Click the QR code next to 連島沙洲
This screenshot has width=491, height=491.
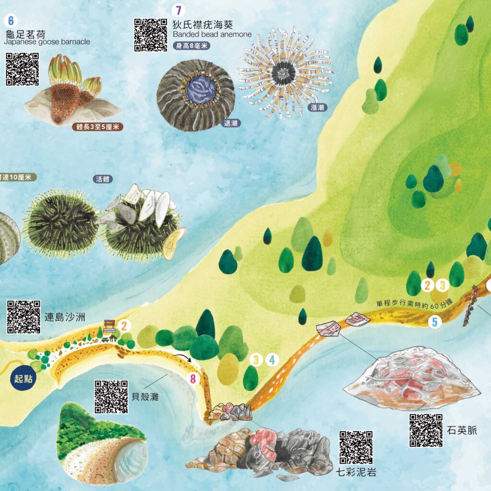click(x=23, y=317)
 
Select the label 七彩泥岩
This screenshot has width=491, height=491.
click(x=356, y=472)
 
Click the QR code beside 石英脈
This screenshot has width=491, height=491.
click(x=425, y=430)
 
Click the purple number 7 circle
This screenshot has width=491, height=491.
click(x=179, y=10)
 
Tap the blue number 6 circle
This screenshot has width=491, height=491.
click(x=11, y=21)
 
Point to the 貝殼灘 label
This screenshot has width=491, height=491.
click(x=145, y=397)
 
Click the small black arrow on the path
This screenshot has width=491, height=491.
click(x=185, y=358)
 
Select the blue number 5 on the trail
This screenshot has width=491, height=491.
click(x=435, y=322)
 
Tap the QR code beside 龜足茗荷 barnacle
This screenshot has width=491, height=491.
click(x=22, y=69)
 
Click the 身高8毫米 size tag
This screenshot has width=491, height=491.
click(x=192, y=46)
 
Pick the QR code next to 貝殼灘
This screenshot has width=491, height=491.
click(x=111, y=397)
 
